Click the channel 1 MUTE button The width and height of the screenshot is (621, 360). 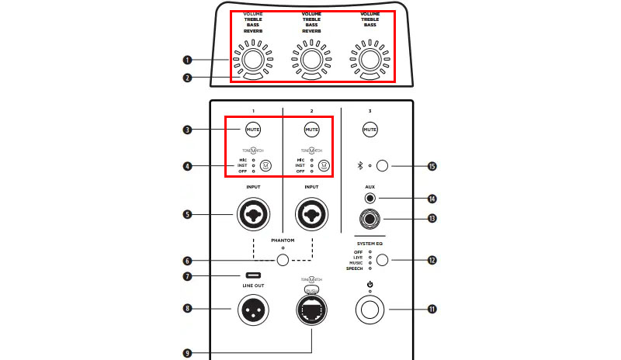coord(254,130)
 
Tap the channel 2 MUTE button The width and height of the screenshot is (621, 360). coord(312,130)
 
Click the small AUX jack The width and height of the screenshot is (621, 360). coord(370,198)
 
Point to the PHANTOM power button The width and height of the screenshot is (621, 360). coord(283,261)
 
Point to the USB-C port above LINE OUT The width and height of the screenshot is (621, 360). coord(254,275)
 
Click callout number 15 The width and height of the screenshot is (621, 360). coord(432,166)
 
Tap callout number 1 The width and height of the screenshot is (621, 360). coord(187,60)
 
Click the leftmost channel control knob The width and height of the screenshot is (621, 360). coord(252,60)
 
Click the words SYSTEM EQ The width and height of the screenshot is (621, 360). coord(370,244)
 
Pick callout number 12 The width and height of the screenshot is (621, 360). coord(432,260)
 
